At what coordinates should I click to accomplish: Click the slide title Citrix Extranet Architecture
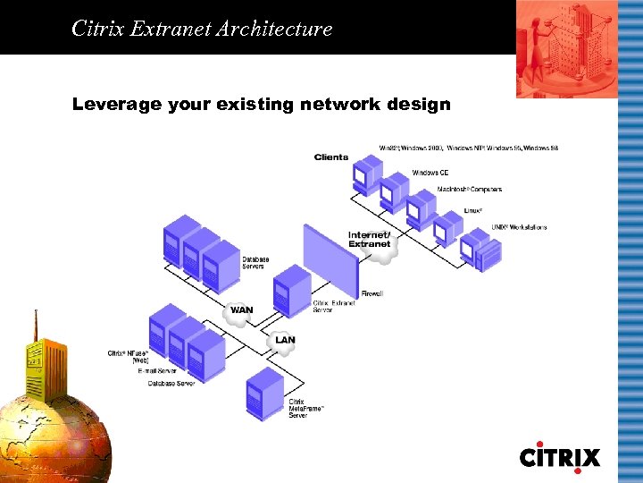(x=202, y=29)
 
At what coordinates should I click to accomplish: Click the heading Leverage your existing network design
(x=261, y=105)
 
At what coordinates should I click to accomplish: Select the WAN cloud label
(x=241, y=310)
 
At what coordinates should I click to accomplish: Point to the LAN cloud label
(x=285, y=340)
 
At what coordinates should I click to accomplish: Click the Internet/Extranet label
(x=370, y=240)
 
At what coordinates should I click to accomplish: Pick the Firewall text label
(x=372, y=293)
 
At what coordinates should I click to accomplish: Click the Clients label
(x=331, y=157)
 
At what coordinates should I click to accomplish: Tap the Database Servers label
(x=255, y=263)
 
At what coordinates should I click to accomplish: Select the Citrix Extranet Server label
(x=334, y=307)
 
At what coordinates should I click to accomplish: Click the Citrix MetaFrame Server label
(x=306, y=409)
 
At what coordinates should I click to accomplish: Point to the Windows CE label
(x=430, y=173)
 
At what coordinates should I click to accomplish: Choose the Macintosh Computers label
(x=469, y=190)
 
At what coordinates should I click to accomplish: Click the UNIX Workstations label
(x=519, y=227)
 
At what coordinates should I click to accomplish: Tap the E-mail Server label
(x=157, y=369)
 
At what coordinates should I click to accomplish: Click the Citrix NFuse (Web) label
(x=128, y=356)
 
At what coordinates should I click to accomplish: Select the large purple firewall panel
(x=330, y=259)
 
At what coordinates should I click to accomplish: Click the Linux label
(x=473, y=211)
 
